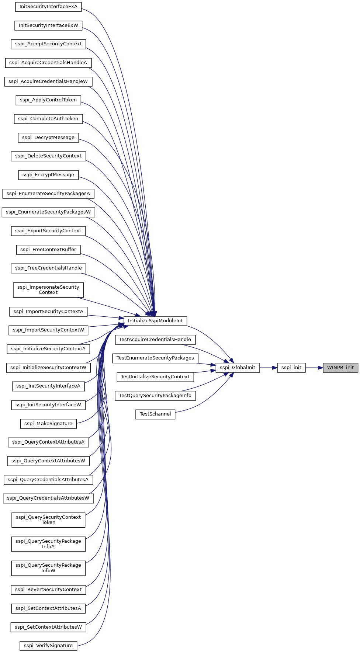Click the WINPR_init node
tap(340, 368)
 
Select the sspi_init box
tap(291, 368)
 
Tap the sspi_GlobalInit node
tap(238, 368)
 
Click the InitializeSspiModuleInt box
tap(155, 321)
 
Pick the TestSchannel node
tap(155, 414)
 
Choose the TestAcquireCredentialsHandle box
tap(155, 340)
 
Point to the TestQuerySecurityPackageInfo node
tap(155, 396)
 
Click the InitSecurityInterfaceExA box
tap(48, 7)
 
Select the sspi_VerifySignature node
tap(48, 646)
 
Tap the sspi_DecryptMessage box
tap(48, 138)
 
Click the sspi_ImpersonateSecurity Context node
tap(48, 290)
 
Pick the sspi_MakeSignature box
tap(48, 424)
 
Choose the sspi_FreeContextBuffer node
tap(48, 250)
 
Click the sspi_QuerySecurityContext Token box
tap(48, 520)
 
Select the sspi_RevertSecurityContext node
tap(48, 590)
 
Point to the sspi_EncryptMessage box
tap(48, 175)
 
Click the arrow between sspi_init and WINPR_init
tap(314, 368)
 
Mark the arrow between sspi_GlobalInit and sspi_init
tap(269, 368)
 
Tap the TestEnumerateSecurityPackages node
tap(155, 358)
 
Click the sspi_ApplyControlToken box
tap(48, 100)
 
